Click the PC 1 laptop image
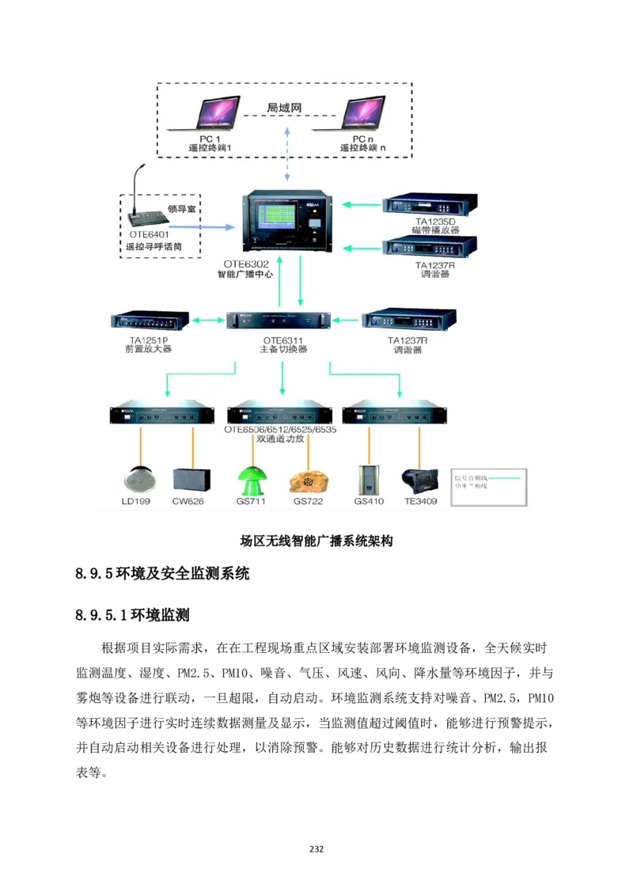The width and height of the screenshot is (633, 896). pyautogui.click(x=205, y=114)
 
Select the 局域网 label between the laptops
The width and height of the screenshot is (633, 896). pyautogui.click(x=282, y=108)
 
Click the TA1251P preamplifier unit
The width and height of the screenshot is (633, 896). pyautogui.click(x=150, y=321)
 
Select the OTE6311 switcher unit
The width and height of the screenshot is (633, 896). pyautogui.click(x=279, y=321)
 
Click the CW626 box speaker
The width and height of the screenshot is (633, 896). pyautogui.click(x=191, y=480)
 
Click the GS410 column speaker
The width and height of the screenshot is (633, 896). pyautogui.click(x=369, y=480)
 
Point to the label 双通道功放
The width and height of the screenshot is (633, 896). pyautogui.click(x=281, y=440)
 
